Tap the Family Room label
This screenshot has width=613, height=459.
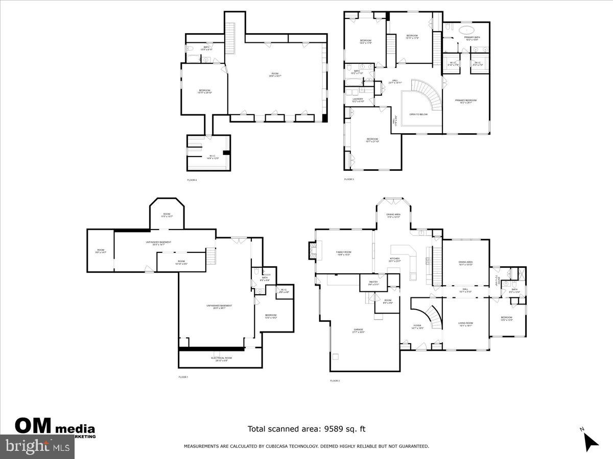[x=343, y=253]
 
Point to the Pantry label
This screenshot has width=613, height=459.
[x=373, y=284]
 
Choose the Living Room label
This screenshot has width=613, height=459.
[x=465, y=324]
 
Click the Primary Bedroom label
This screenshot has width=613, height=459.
[x=465, y=101]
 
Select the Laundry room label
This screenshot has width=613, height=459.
[x=358, y=100]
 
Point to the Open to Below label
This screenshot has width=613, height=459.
[x=418, y=114]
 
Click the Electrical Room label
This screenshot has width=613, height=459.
[x=221, y=359]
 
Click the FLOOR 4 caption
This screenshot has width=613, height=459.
[x=192, y=180]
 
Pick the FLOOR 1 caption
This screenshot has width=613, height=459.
[x=183, y=377]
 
